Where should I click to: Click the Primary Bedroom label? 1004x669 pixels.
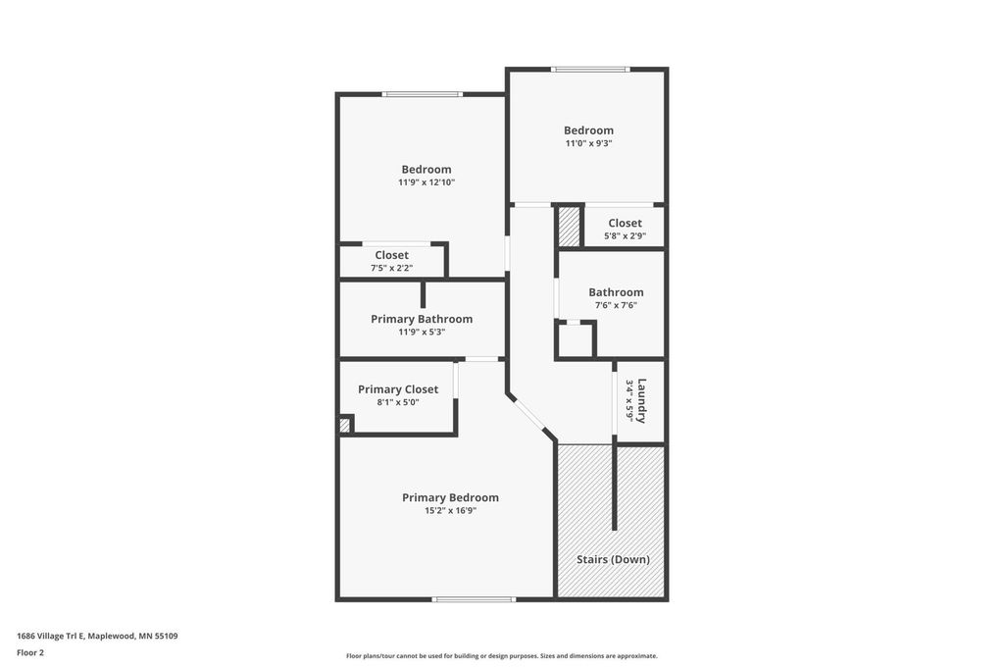450,498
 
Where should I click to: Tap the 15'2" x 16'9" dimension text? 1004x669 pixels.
450,511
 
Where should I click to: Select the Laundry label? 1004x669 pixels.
641,401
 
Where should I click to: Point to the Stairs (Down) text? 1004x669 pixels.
613,559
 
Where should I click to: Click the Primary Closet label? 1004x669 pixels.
398,389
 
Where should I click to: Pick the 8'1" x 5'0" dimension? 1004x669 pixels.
398,402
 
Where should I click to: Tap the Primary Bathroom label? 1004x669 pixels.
422,319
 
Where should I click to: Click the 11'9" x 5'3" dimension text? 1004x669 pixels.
422,332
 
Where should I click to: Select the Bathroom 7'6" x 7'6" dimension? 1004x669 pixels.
616,305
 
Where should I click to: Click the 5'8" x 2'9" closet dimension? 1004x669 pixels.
625,235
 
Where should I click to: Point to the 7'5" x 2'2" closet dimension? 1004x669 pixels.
391,268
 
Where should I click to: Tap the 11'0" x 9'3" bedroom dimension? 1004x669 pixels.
588,143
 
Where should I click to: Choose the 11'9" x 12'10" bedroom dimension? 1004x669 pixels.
427,182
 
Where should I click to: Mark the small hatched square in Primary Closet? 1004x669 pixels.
344,425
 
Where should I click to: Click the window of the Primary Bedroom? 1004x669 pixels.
474,599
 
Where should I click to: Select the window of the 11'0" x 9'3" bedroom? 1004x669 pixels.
590,70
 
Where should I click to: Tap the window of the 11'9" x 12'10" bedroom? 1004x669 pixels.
422,95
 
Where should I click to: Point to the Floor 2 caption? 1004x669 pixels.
30,653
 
